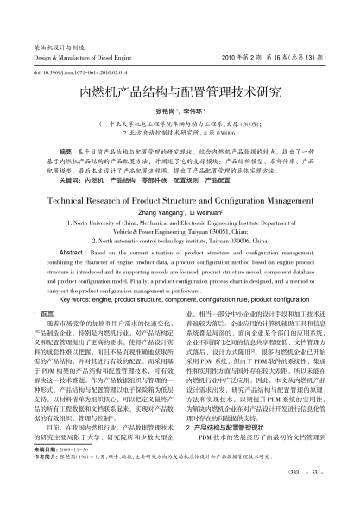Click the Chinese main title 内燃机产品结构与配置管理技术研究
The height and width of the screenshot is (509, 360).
coord(180,91)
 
